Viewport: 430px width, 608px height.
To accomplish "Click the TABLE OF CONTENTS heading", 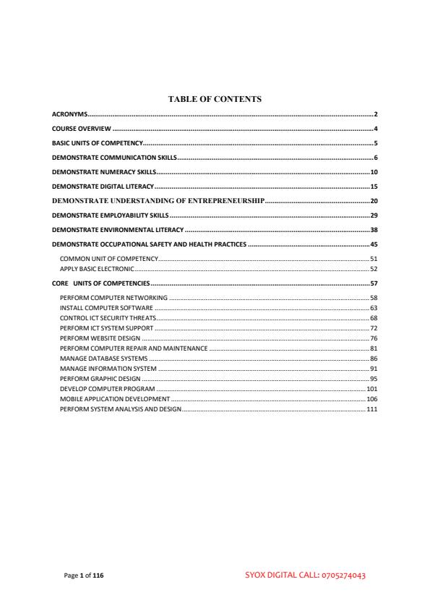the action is pos(215,98).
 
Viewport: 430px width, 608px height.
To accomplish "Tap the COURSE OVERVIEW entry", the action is pos(80,129).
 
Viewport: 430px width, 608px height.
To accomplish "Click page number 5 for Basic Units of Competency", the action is pos(377,143).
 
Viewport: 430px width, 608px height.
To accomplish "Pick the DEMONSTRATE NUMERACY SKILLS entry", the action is pos(104,172).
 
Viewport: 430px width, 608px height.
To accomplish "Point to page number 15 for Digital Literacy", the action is pos(374,187).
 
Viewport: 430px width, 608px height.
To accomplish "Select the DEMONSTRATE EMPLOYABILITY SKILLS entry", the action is pos(111,215).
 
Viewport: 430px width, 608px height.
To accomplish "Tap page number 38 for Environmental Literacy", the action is pos(374,229).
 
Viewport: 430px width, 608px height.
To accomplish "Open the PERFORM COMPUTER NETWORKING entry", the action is pos(113,298).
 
